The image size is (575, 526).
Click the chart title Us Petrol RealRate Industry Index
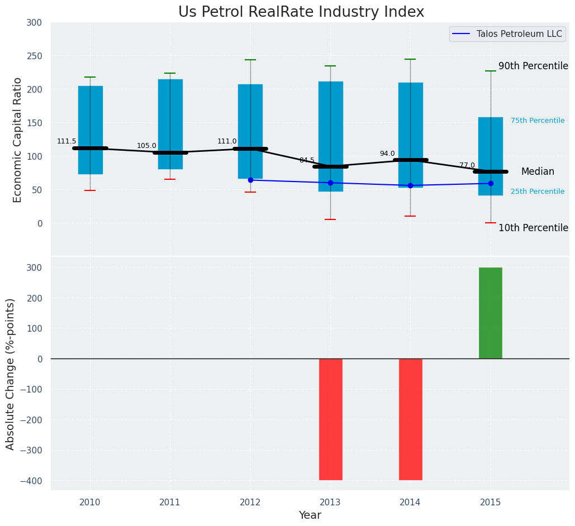pyautogui.click(x=301, y=12)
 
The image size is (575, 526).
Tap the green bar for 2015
pyautogui.click(x=490, y=313)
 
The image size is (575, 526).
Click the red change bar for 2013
pyautogui.click(x=330, y=419)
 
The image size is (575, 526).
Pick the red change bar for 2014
pyautogui.click(x=410, y=419)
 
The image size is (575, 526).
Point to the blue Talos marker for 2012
pyautogui.click(x=250, y=180)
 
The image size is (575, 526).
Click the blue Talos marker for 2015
pyautogui.click(x=491, y=183)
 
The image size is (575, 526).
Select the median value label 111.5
pyautogui.click(x=66, y=141)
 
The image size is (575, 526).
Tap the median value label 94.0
pyautogui.click(x=387, y=154)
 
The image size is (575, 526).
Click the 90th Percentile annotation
pyautogui.click(x=533, y=66)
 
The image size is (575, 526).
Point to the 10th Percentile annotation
pyautogui.click(x=533, y=228)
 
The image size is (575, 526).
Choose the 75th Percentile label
pyautogui.click(x=538, y=121)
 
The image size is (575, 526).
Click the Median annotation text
pyautogui.click(x=538, y=172)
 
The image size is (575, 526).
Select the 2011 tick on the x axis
pyautogui.click(x=170, y=503)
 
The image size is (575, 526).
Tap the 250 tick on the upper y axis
pyautogui.click(x=34, y=56)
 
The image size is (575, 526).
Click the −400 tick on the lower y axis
pyautogui.click(x=31, y=481)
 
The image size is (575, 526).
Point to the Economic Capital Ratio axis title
pyautogui.click(x=18, y=140)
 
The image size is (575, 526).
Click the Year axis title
pyautogui.click(x=310, y=515)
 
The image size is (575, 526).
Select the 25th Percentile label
pyautogui.click(x=538, y=192)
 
